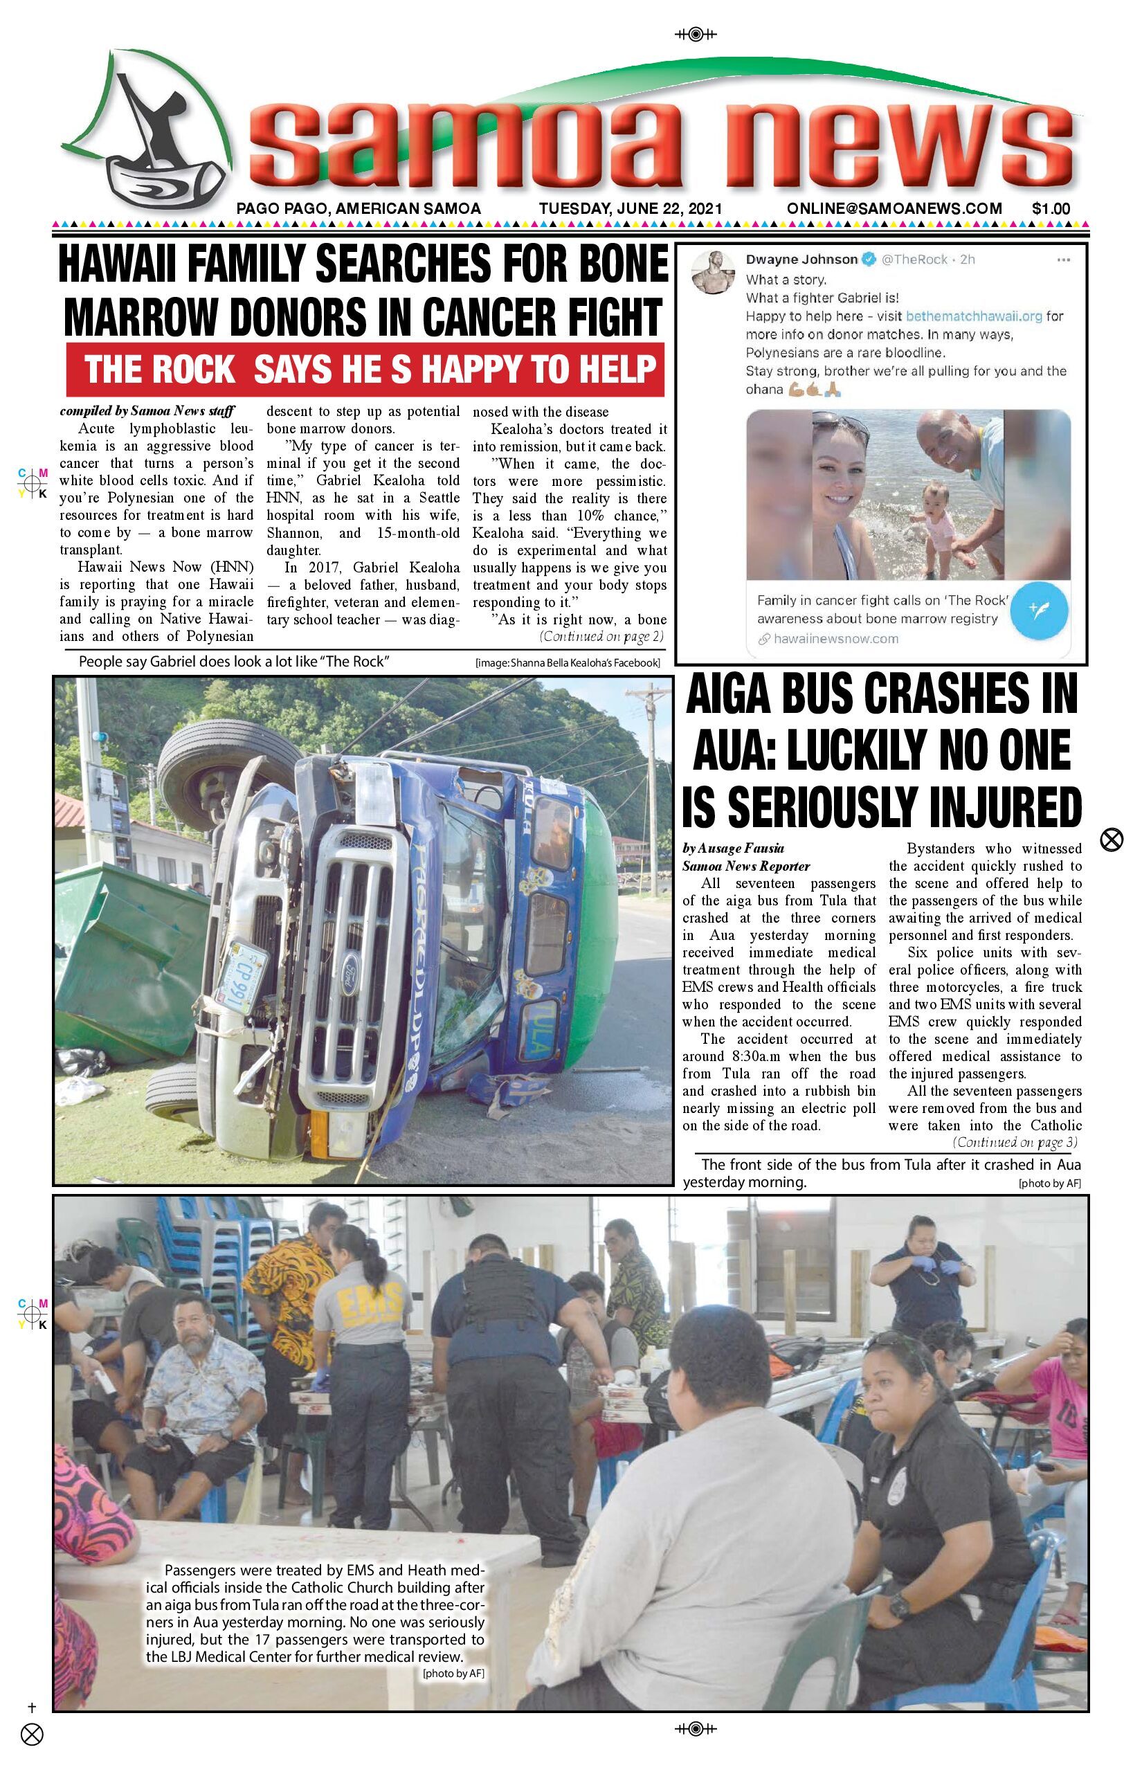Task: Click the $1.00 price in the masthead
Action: point(1050,208)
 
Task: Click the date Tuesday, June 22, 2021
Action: point(630,208)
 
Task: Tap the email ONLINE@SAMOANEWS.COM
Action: point(894,208)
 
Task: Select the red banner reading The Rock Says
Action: point(365,370)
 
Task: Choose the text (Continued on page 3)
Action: point(1015,1143)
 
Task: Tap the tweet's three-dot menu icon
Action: point(1062,260)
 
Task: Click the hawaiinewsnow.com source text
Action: point(835,638)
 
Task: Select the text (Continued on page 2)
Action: point(601,636)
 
